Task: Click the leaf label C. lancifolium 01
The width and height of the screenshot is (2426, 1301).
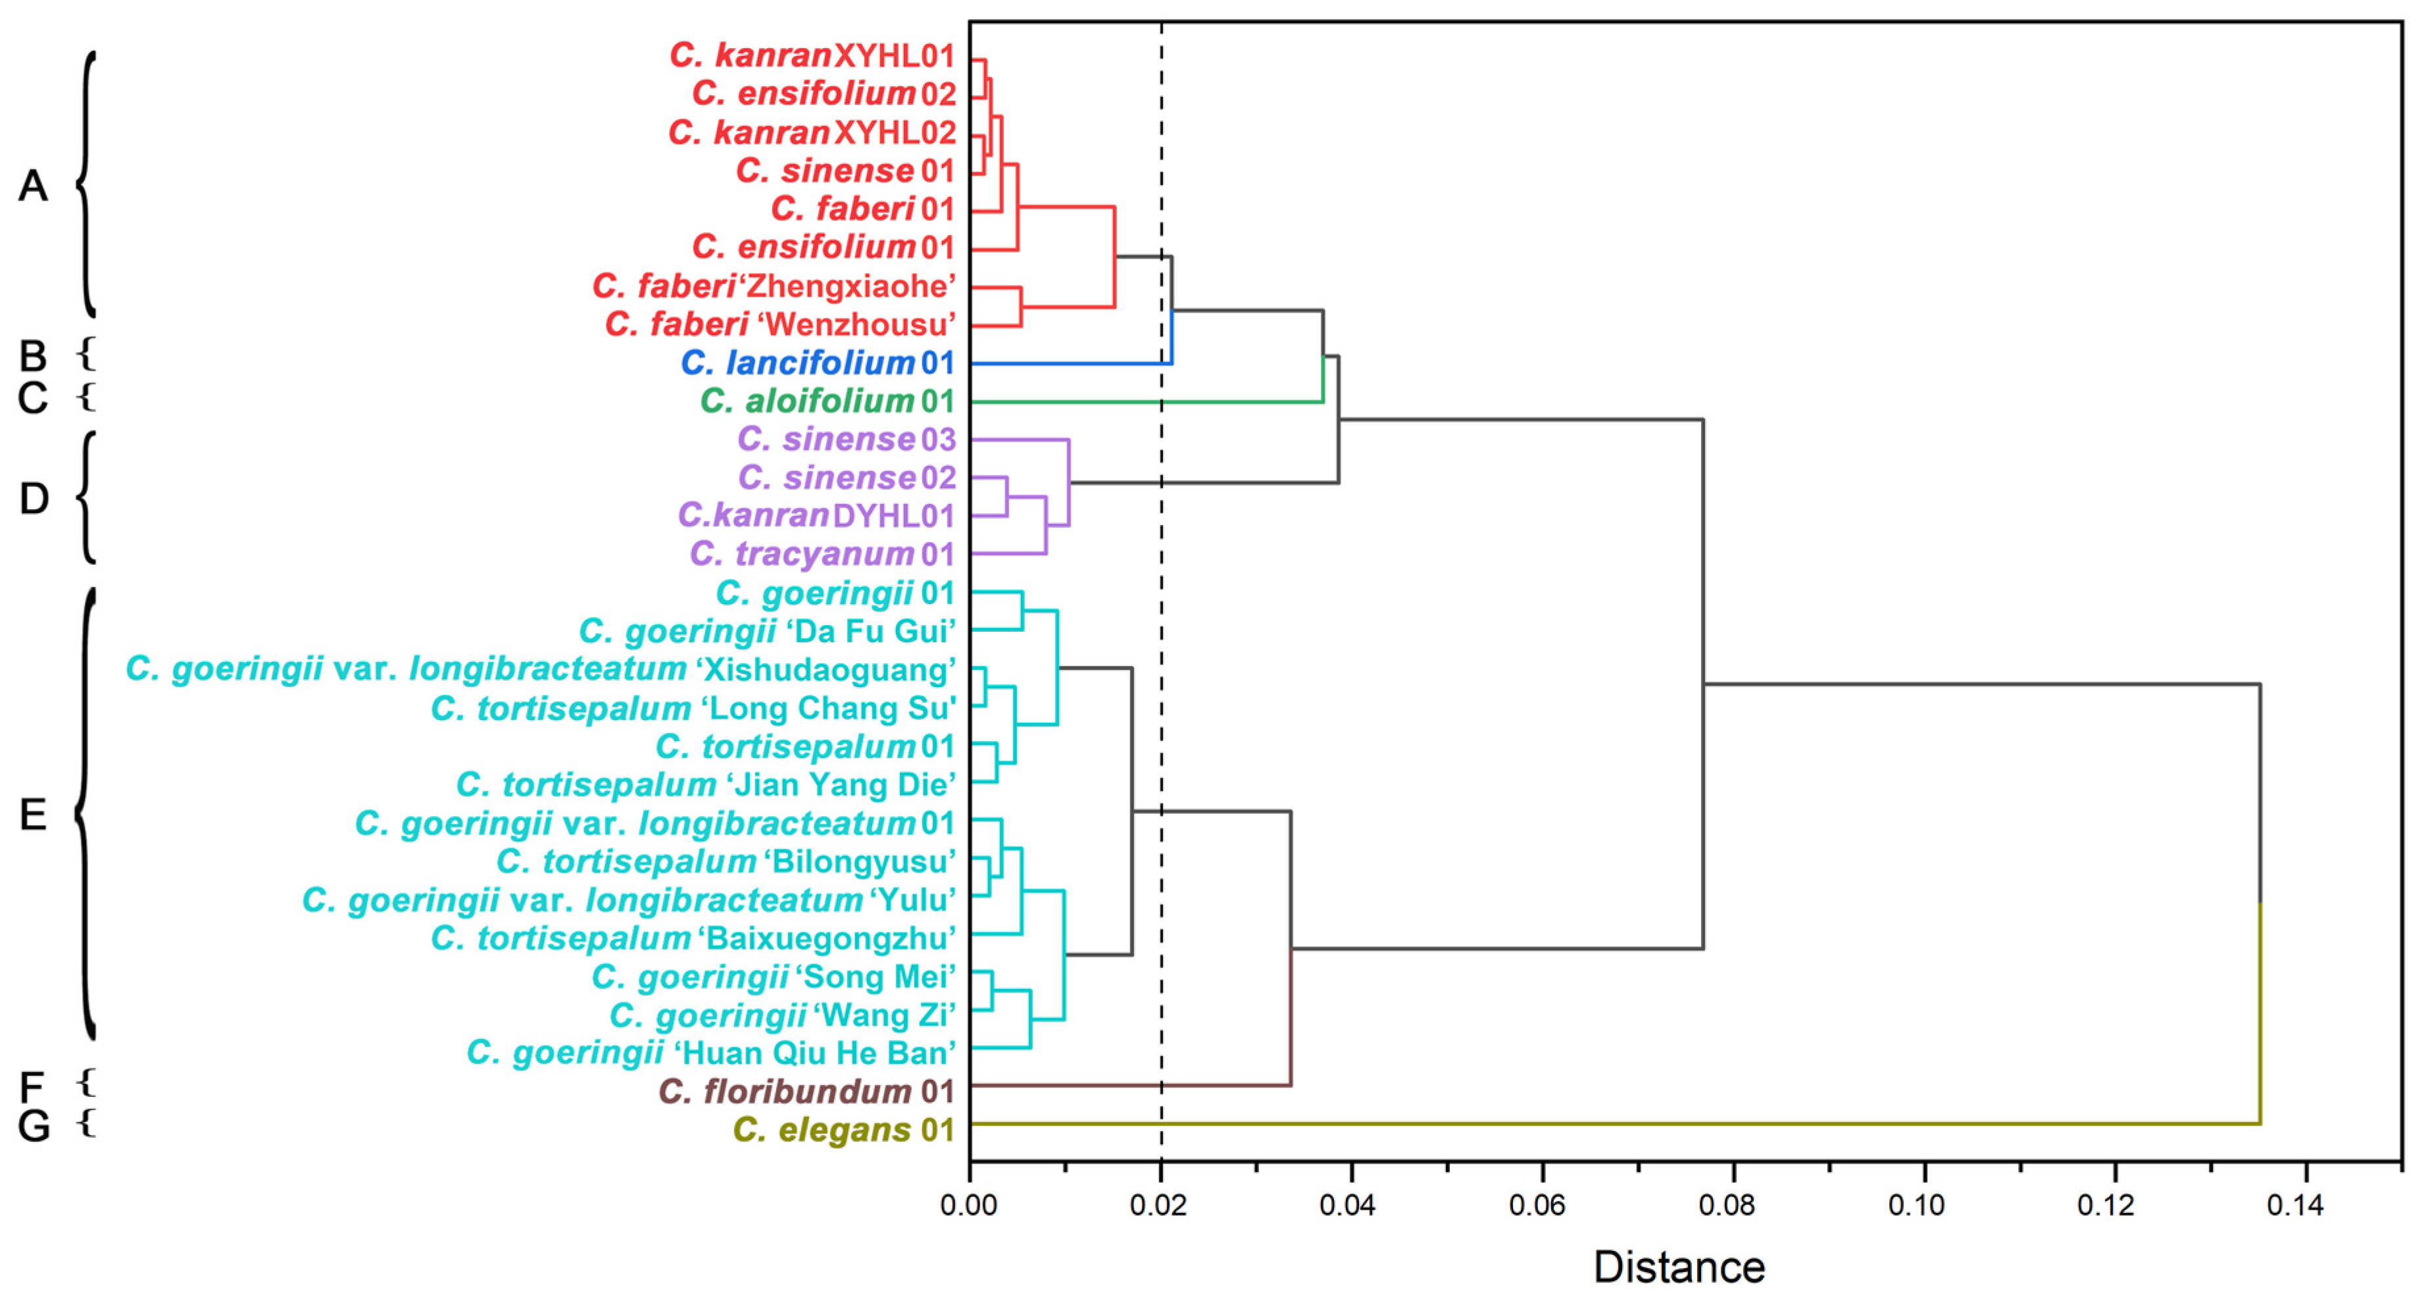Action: pyautogui.click(x=818, y=363)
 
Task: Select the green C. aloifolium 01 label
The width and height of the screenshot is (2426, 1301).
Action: pyautogui.click(x=827, y=401)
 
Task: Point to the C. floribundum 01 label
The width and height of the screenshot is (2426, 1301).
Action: pyautogui.click(x=806, y=1092)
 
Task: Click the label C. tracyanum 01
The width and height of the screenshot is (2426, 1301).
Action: pyautogui.click(x=822, y=554)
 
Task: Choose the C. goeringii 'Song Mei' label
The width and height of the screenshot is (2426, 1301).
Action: pyautogui.click(x=773, y=977)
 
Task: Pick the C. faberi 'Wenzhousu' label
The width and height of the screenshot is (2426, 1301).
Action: pyautogui.click(x=780, y=324)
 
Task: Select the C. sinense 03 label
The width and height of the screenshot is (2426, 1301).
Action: pyautogui.click(x=846, y=439)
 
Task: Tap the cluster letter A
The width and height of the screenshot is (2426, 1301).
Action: pyautogui.click(x=33, y=186)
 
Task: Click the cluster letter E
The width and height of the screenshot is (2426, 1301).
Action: pyautogui.click(x=33, y=815)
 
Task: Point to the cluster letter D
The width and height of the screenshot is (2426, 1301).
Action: pyautogui.click(x=34, y=498)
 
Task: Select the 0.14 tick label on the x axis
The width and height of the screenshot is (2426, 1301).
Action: pyautogui.click(x=2295, y=1205)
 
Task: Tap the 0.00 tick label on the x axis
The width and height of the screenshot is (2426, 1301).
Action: pyautogui.click(x=969, y=1205)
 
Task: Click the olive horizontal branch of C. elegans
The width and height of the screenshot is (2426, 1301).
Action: pyautogui.click(x=1601, y=1124)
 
